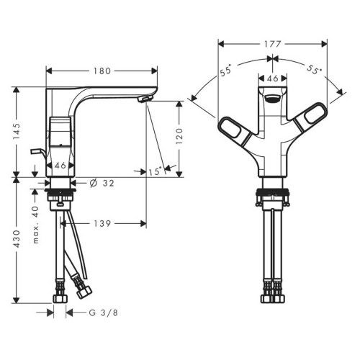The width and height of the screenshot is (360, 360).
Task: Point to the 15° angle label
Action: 154,172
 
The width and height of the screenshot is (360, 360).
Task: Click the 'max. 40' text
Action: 35,224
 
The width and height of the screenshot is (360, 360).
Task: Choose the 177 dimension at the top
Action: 271,43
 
